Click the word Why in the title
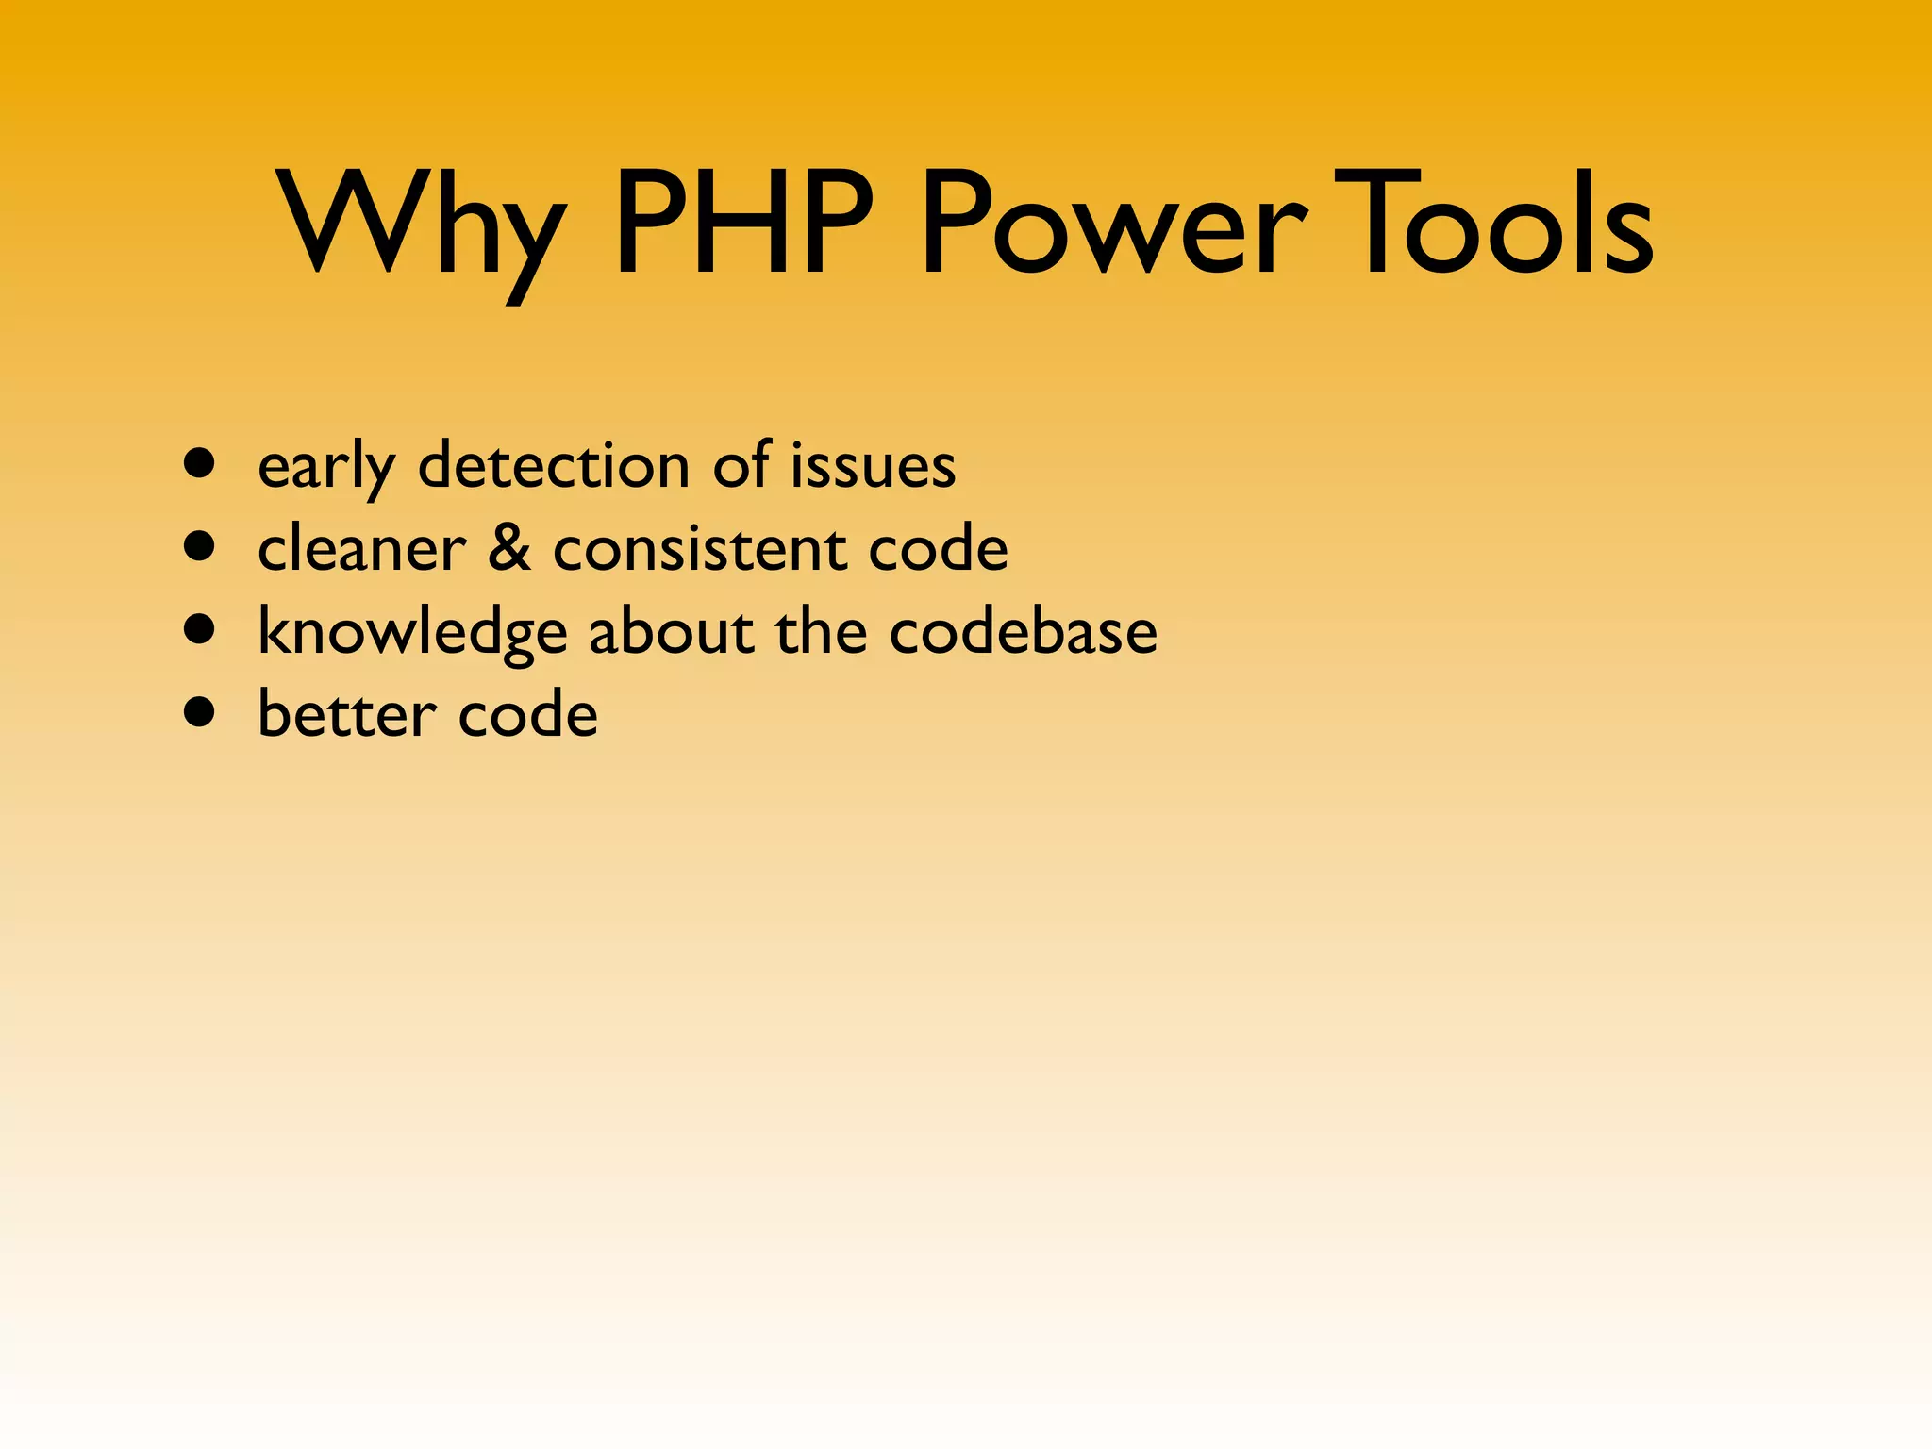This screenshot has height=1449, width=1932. [x=420, y=226]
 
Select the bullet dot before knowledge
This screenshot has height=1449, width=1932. [x=199, y=628]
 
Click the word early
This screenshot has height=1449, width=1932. [x=326, y=467]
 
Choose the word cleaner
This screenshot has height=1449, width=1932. [x=361, y=549]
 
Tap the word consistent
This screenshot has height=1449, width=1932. [x=699, y=549]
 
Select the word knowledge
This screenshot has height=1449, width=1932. [x=412, y=632]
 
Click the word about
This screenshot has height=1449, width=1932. [x=671, y=631]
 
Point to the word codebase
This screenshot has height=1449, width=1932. [x=1023, y=631]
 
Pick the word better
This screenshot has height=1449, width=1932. [x=346, y=714]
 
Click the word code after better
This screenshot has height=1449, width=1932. [x=527, y=714]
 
